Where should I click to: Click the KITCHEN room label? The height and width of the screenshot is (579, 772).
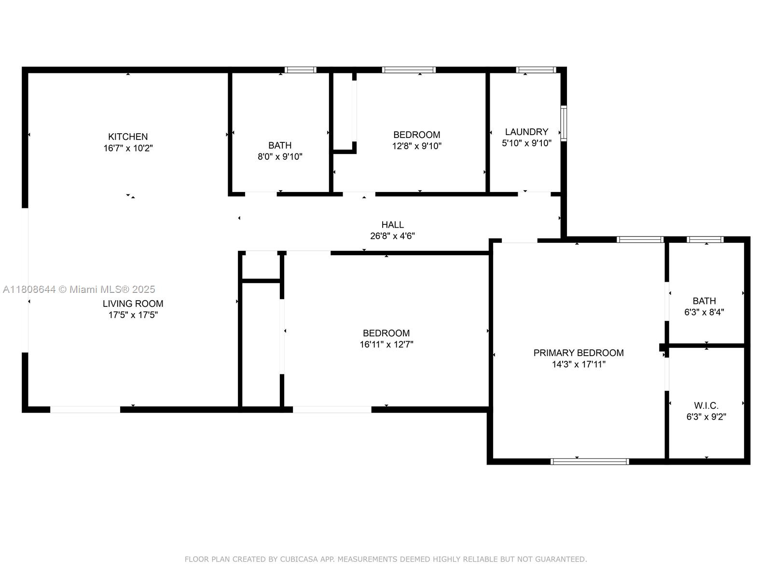pyautogui.click(x=128, y=137)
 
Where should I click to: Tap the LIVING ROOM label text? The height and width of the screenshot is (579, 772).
pyautogui.click(x=133, y=303)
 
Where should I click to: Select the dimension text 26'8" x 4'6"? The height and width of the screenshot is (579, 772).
pyautogui.click(x=392, y=236)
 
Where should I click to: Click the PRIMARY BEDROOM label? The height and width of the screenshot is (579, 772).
pyautogui.click(x=578, y=353)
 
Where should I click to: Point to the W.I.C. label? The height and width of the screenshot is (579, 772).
pyautogui.click(x=706, y=405)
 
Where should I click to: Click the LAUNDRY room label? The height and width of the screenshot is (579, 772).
pyautogui.click(x=526, y=132)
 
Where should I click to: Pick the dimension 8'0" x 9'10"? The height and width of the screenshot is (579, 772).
pyautogui.click(x=280, y=156)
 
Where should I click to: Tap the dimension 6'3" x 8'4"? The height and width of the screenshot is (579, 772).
pyautogui.click(x=704, y=312)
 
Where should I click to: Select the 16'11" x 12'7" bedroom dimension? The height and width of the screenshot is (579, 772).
pyautogui.click(x=386, y=345)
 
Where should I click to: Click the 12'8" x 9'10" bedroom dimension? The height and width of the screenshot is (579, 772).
pyautogui.click(x=416, y=146)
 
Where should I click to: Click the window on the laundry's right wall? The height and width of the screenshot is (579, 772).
pyautogui.click(x=563, y=123)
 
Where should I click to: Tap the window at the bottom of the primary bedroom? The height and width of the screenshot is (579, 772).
pyautogui.click(x=590, y=461)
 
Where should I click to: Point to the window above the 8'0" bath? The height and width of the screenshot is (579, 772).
pyautogui.click(x=300, y=70)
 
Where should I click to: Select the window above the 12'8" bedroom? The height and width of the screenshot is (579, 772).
pyautogui.click(x=409, y=70)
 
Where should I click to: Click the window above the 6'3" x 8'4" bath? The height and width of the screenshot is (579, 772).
pyautogui.click(x=705, y=239)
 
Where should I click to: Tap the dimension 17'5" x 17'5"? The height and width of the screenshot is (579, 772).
pyautogui.click(x=133, y=315)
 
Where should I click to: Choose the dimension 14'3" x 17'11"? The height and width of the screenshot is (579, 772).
pyautogui.click(x=578, y=364)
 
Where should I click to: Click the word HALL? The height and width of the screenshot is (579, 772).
pyautogui.click(x=392, y=224)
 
